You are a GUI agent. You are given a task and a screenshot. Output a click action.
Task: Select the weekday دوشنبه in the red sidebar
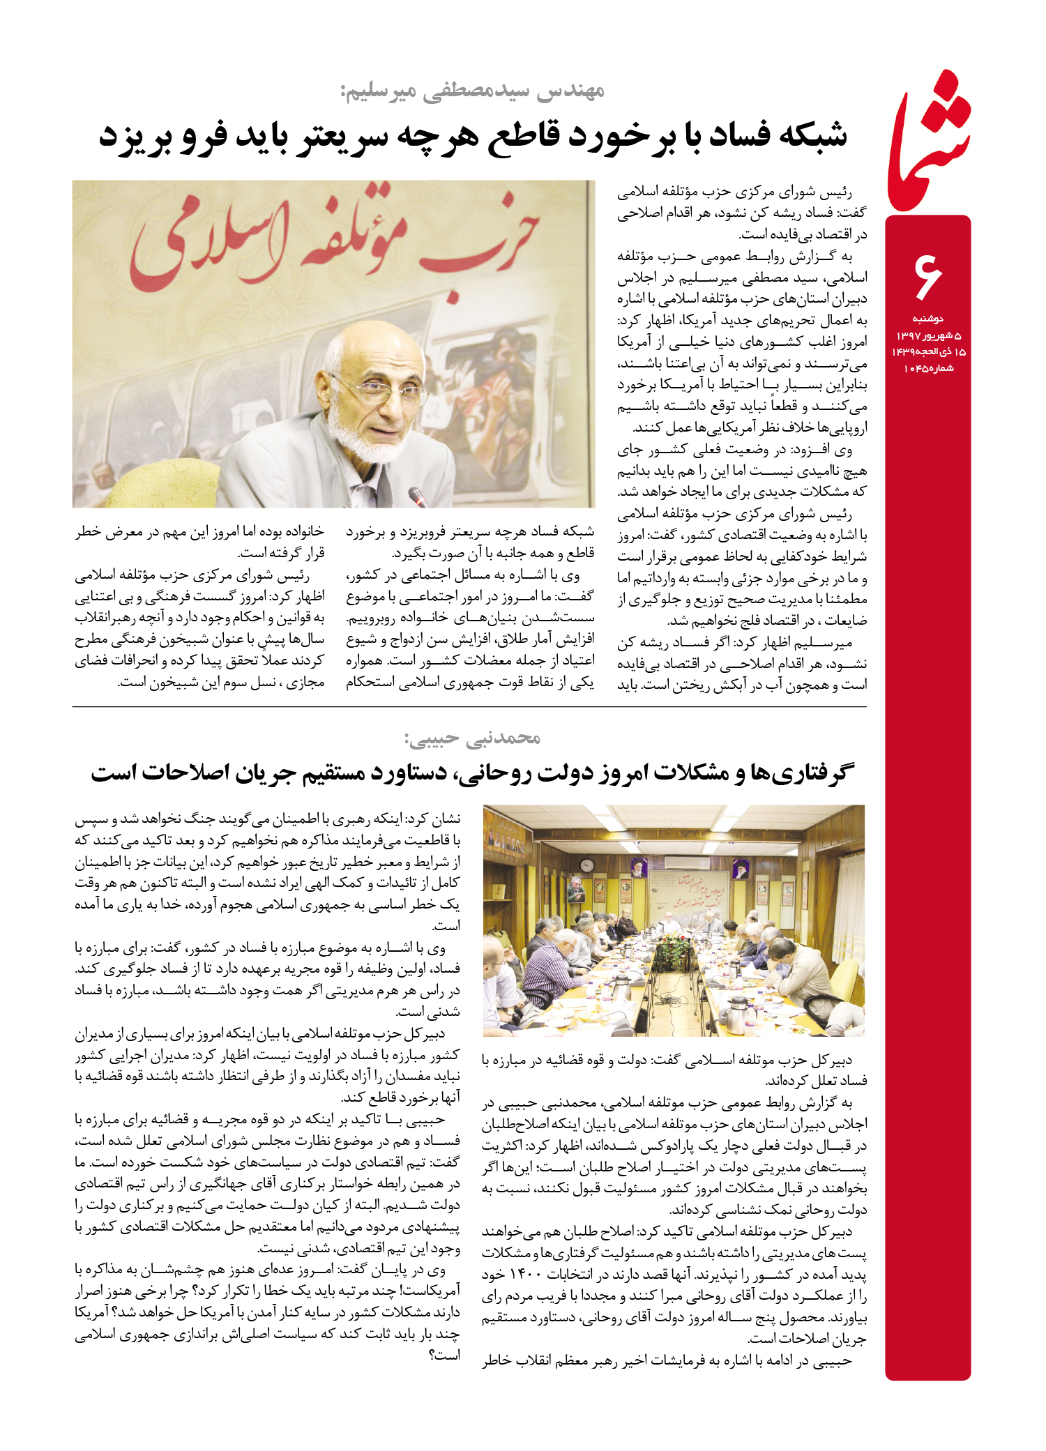pyautogui.click(x=927, y=319)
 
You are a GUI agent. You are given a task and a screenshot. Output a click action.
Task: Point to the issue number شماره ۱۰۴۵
pyautogui.click(x=928, y=368)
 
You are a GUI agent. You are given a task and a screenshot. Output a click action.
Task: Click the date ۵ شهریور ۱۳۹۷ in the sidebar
pyautogui.click(x=928, y=335)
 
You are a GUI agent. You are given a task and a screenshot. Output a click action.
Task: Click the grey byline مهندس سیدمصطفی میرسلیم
pyautogui.click(x=472, y=91)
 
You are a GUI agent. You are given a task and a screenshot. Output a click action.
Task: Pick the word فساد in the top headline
pyautogui.click(x=738, y=135)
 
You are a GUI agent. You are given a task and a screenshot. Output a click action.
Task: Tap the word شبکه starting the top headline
pyautogui.click(x=812, y=135)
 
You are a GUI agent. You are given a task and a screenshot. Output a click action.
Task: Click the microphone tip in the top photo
pyautogui.click(x=417, y=496)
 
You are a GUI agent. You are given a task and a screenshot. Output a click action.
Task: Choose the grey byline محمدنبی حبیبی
pyautogui.click(x=472, y=738)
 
